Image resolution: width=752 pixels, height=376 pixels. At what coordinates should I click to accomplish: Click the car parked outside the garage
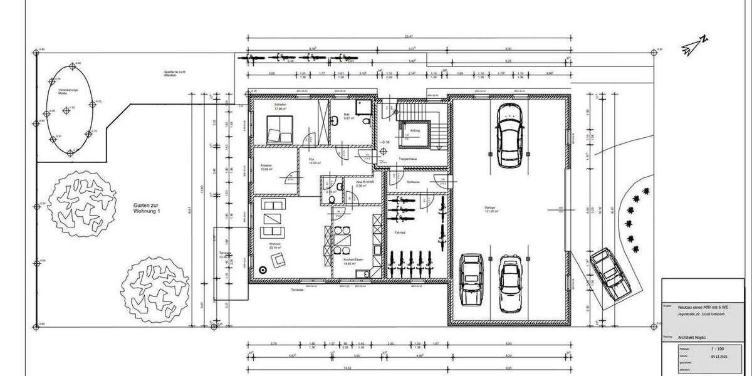(x=610, y=273)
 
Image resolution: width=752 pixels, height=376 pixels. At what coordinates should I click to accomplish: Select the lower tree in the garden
(x=155, y=289)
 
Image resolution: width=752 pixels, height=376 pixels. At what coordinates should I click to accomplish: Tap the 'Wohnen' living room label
(x=274, y=244)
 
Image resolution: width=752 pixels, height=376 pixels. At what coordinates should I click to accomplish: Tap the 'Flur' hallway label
(x=311, y=160)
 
